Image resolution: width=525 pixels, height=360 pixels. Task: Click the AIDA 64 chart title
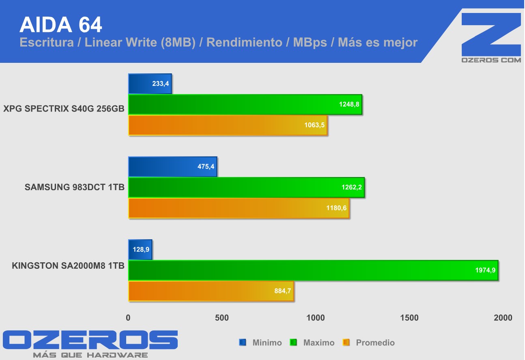click(x=61, y=25)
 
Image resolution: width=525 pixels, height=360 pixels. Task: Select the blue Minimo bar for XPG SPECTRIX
click(x=150, y=84)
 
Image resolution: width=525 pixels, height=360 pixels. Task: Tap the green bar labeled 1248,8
click(x=245, y=105)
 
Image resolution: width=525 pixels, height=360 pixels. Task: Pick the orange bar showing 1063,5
click(x=228, y=125)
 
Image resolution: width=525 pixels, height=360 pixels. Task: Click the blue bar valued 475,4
click(x=172, y=167)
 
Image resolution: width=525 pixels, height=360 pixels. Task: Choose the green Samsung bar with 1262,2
click(x=246, y=187)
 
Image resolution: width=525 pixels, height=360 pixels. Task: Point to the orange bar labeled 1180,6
click(x=239, y=208)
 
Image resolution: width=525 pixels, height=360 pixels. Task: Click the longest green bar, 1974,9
click(x=313, y=270)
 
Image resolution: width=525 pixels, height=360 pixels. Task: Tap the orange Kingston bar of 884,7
click(x=211, y=291)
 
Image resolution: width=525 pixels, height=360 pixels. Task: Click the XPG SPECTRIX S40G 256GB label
click(x=64, y=109)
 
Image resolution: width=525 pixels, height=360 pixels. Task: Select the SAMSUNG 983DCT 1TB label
click(x=74, y=187)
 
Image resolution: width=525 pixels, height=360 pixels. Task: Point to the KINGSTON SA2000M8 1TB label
click(x=68, y=266)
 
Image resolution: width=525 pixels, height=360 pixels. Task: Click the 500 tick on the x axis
click(x=222, y=318)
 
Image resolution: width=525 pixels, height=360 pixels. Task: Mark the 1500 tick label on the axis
click(x=409, y=318)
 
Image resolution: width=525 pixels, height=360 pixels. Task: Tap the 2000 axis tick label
click(x=503, y=318)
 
